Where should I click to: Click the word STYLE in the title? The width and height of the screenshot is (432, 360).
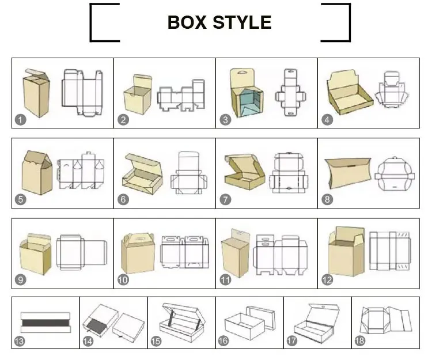tap(242, 22)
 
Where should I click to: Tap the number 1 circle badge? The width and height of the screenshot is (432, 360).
tap(20, 120)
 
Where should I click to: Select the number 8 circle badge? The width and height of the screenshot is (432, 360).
tap(328, 200)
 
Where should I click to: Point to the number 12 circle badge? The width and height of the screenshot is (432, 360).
tap(328, 280)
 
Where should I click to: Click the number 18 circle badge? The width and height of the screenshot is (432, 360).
tap(359, 341)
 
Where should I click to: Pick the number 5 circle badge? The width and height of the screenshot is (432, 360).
tap(20, 200)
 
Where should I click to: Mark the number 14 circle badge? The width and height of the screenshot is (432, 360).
tap(88, 341)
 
